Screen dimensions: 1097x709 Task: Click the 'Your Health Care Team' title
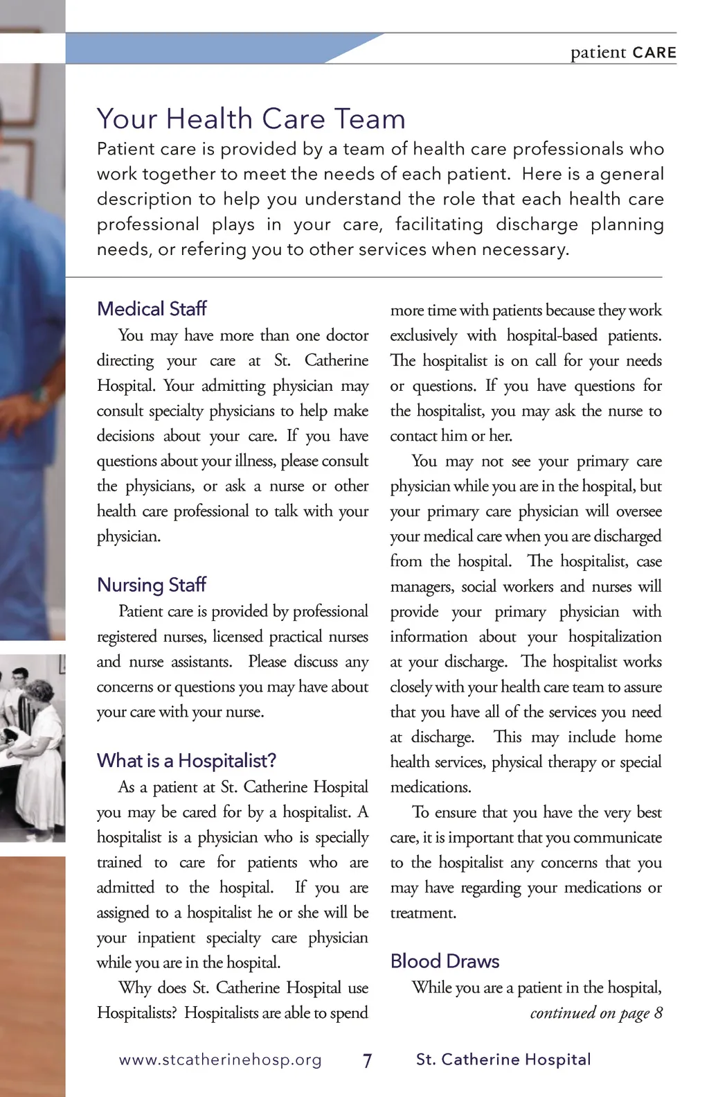251,119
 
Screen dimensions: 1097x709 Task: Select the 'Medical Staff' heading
152,308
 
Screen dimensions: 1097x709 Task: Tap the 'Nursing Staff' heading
152,584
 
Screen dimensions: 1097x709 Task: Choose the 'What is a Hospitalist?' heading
186,760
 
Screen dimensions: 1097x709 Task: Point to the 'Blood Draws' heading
445,960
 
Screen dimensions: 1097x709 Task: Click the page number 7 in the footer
367,1060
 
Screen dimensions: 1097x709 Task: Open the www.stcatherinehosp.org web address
220,1060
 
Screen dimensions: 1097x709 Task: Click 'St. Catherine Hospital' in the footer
503,1059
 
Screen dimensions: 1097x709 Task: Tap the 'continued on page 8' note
595,1013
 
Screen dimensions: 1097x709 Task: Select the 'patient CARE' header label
622,53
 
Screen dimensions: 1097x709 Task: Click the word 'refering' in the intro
213,249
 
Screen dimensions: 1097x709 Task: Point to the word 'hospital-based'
551,335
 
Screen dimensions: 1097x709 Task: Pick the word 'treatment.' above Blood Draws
423,913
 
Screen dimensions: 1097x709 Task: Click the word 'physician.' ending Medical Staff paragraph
129,536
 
